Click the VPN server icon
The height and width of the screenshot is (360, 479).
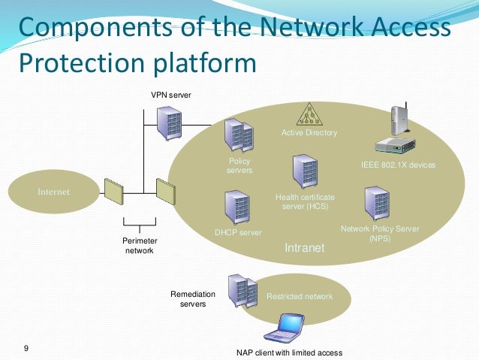click(x=168, y=122)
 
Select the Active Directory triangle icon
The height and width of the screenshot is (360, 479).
click(x=309, y=114)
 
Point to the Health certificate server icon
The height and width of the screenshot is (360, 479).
click(x=303, y=171)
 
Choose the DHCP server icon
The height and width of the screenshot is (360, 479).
click(x=236, y=208)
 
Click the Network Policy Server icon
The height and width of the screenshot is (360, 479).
click(x=376, y=204)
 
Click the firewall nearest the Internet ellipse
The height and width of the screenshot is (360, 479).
click(x=114, y=192)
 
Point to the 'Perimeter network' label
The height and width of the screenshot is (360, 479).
click(x=139, y=246)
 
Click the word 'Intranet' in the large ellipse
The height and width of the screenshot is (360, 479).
click(x=304, y=247)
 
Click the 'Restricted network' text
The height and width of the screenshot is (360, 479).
click(x=300, y=297)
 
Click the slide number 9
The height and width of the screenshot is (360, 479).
click(x=26, y=348)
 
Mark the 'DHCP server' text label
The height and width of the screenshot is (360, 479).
click(x=238, y=233)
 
